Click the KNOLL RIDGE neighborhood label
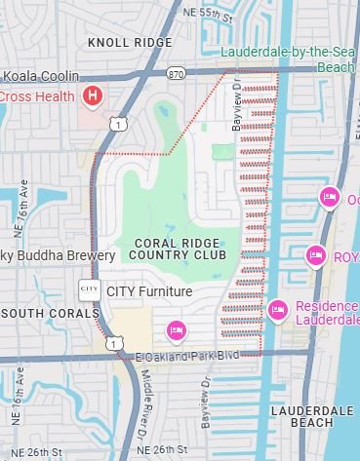point(129,43)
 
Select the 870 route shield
point(176,73)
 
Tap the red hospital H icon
point(92,96)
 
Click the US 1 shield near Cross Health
point(117,124)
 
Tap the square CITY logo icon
point(89,289)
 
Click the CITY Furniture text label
point(149,290)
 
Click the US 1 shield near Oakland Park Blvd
point(115,344)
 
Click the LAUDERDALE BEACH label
point(311,417)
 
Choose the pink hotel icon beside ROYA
point(315,255)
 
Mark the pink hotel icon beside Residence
point(277,311)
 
